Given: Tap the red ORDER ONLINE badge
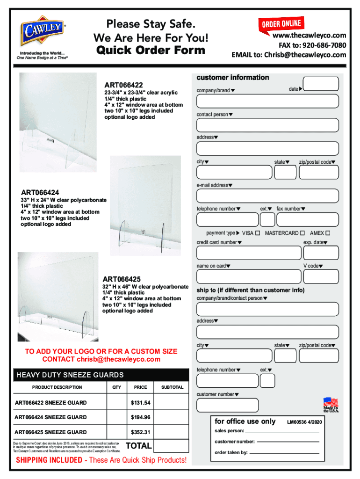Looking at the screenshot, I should click(281, 23).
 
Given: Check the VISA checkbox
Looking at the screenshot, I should click(258, 233).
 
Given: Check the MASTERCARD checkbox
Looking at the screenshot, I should click(302, 233).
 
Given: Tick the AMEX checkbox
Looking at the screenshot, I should click(328, 233).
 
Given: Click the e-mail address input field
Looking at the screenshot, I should click(268, 196).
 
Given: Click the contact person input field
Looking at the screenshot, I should click(268, 125).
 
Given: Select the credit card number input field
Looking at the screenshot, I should click(249, 253).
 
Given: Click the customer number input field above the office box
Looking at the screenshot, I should click(228, 405).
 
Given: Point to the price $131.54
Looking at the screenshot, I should click(140, 403).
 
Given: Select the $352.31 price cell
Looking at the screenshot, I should click(140, 432).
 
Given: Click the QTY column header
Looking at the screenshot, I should click(117, 387).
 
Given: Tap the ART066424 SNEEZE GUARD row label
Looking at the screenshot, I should click(50, 417).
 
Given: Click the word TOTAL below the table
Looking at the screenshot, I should click(139, 446).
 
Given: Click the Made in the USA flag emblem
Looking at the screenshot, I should click(331, 405).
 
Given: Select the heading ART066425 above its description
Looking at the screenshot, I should click(122, 279).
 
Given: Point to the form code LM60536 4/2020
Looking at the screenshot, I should click(308, 422).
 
